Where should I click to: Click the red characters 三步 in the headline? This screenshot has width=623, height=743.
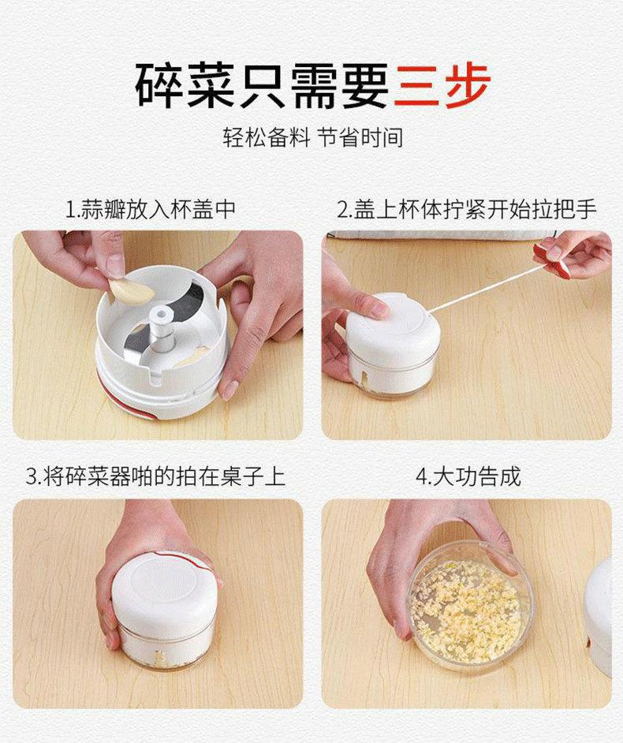point(442,85)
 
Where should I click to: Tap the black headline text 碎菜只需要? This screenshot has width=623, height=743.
point(262,85)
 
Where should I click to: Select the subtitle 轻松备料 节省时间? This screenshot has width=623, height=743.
point(313,137)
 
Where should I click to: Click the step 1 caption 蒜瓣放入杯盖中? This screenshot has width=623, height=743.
point(150,210)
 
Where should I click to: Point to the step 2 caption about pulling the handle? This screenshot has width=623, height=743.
point(467,210)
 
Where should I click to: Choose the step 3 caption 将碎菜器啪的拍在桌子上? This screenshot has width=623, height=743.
point(156,476)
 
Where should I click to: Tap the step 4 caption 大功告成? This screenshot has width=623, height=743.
point(468,476)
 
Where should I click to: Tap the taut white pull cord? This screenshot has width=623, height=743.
point(487,288)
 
